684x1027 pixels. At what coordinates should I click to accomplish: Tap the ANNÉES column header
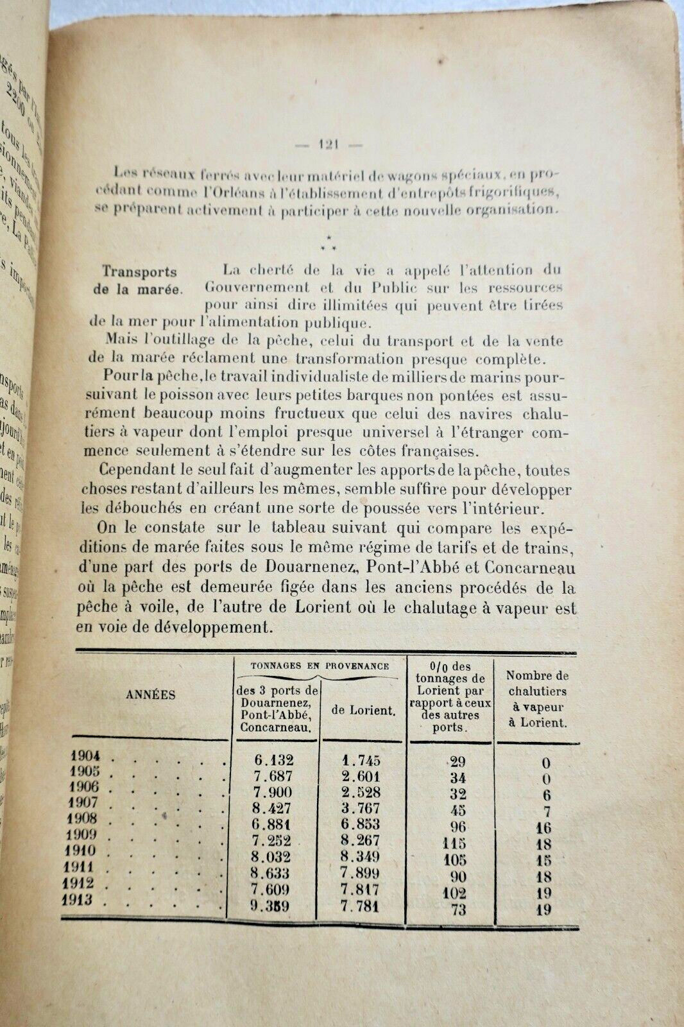click(x=150, y=694)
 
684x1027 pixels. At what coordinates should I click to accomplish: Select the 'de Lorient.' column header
click(x=363, y=710)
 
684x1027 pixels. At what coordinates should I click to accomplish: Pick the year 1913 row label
click(x=78, y=899)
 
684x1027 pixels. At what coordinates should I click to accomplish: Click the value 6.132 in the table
click(x=273, y=760)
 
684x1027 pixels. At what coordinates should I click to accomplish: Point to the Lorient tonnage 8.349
click(x=360, y=856)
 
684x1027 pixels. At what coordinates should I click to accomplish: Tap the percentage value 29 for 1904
click(x=457, y=762)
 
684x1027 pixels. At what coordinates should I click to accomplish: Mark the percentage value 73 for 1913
click(x=457, y=909)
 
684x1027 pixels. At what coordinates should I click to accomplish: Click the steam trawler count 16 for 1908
click(x=543, y=828)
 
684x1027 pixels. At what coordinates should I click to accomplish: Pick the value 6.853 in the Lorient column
click(x=360, y=824)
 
